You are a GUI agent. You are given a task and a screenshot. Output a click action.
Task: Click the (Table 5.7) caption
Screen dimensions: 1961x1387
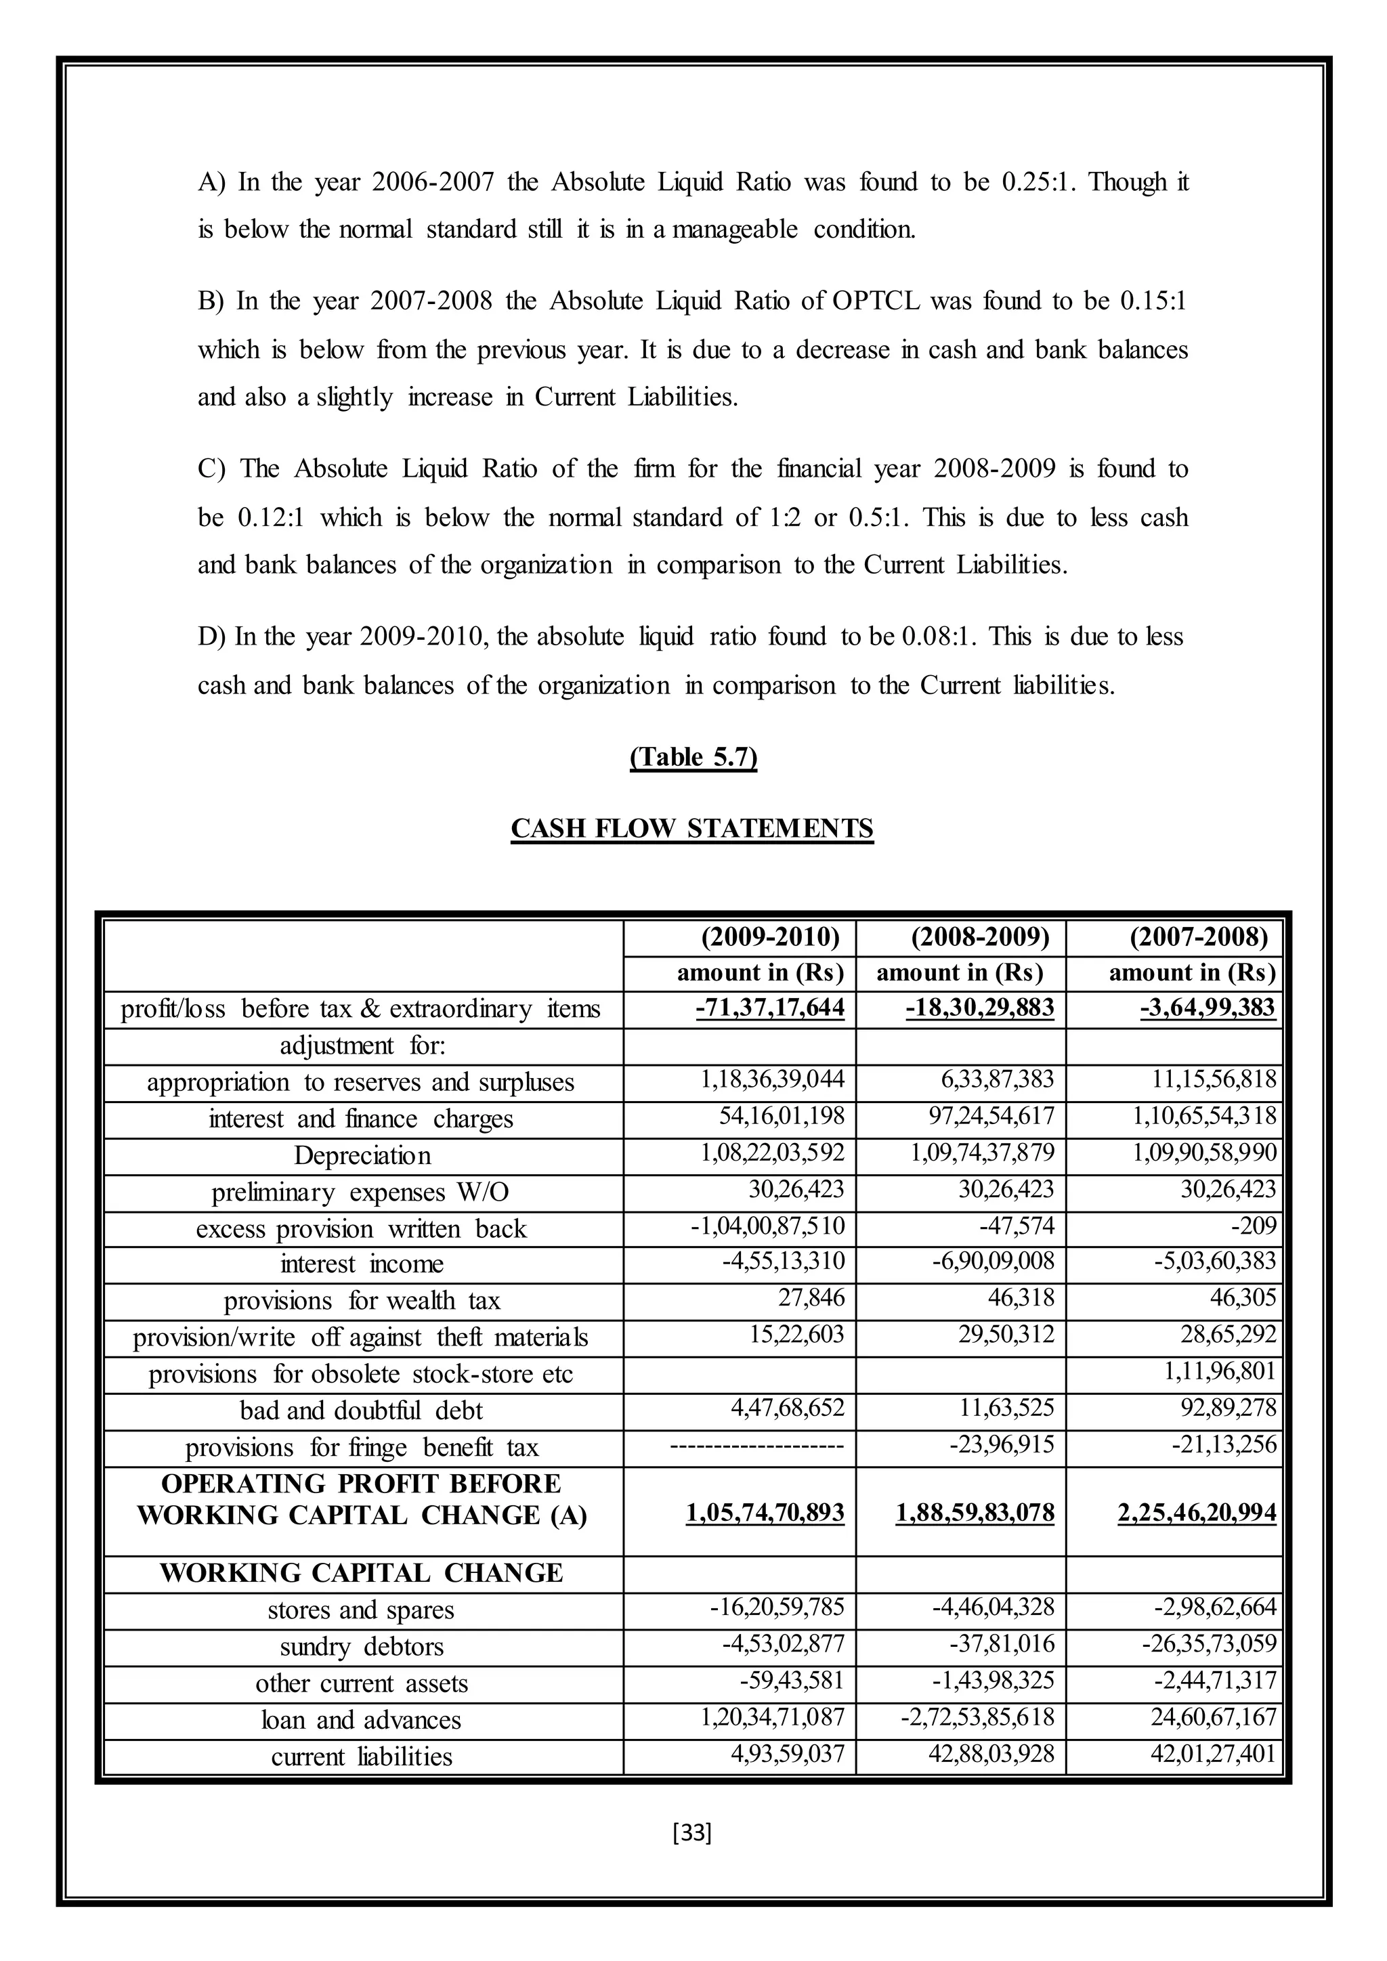[x=693, y=758]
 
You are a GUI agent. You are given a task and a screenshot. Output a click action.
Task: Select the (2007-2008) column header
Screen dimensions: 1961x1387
[x=1198, y=937]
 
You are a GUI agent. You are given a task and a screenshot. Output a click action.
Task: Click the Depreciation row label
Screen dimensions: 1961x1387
[x=362, y=1156]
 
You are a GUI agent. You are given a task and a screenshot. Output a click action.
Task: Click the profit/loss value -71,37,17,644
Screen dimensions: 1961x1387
[x=769, y=1008]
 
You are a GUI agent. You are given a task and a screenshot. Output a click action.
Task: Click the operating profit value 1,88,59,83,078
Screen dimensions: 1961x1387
[x=975, y=1513]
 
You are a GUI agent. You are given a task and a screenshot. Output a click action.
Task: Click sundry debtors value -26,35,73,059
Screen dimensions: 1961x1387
[x=1214, y=1643]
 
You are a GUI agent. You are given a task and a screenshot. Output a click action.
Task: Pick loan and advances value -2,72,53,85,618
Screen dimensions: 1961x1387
[x=977, y=1717]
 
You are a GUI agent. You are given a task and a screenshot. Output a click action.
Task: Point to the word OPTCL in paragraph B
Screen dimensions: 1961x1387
[x=873, y=301]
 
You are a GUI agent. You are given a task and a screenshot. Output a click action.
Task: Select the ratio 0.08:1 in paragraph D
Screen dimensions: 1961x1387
[x=938, y=637]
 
